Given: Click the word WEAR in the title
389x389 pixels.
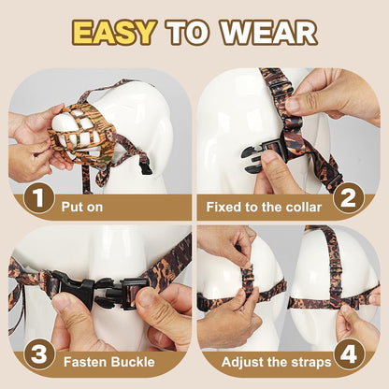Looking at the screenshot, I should click(270, 32).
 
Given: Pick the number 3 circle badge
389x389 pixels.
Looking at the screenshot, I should click(38, 355).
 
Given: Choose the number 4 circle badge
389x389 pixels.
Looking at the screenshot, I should click(349, 355).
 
